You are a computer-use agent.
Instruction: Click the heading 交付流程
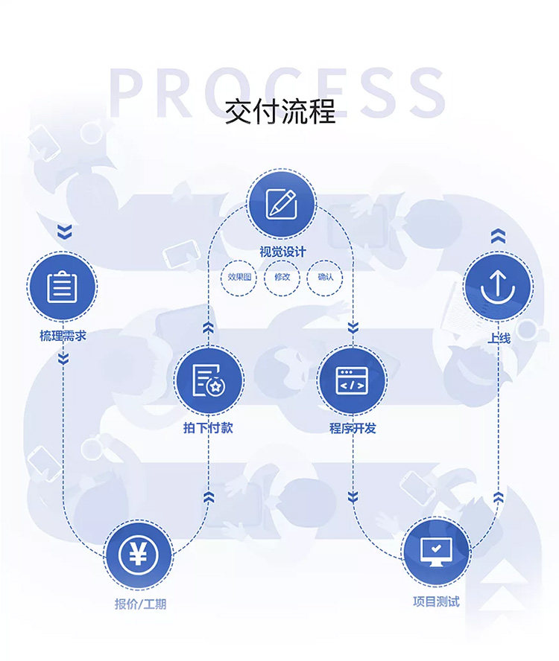pos(280,112)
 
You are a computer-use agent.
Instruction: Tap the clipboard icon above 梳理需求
pos(62,287)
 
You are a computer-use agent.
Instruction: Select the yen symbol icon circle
pos(138,555)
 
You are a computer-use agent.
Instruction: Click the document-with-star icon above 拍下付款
pos(209,380)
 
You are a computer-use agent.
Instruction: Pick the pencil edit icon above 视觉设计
pos(281,204)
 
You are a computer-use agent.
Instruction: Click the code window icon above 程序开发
pos(351,380)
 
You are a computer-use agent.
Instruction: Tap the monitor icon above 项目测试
pos(436,552)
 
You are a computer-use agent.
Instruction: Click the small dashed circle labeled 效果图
pos(239,278)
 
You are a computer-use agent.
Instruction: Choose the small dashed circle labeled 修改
pos(282,278)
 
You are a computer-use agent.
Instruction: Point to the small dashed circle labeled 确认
pos(325,278)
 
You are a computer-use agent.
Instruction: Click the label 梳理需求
pos(63,336)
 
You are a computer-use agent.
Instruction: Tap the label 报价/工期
pos(140,604)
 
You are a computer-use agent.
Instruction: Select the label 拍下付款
pos(208,428)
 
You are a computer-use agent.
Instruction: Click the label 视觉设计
pos(282,252)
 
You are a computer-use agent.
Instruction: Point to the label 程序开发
pos(353,428)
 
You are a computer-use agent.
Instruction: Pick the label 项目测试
pos(436,601)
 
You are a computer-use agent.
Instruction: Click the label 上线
pos(499,338)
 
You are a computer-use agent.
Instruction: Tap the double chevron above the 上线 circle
pos(498,236)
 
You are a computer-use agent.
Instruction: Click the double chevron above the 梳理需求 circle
pos(65,231)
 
